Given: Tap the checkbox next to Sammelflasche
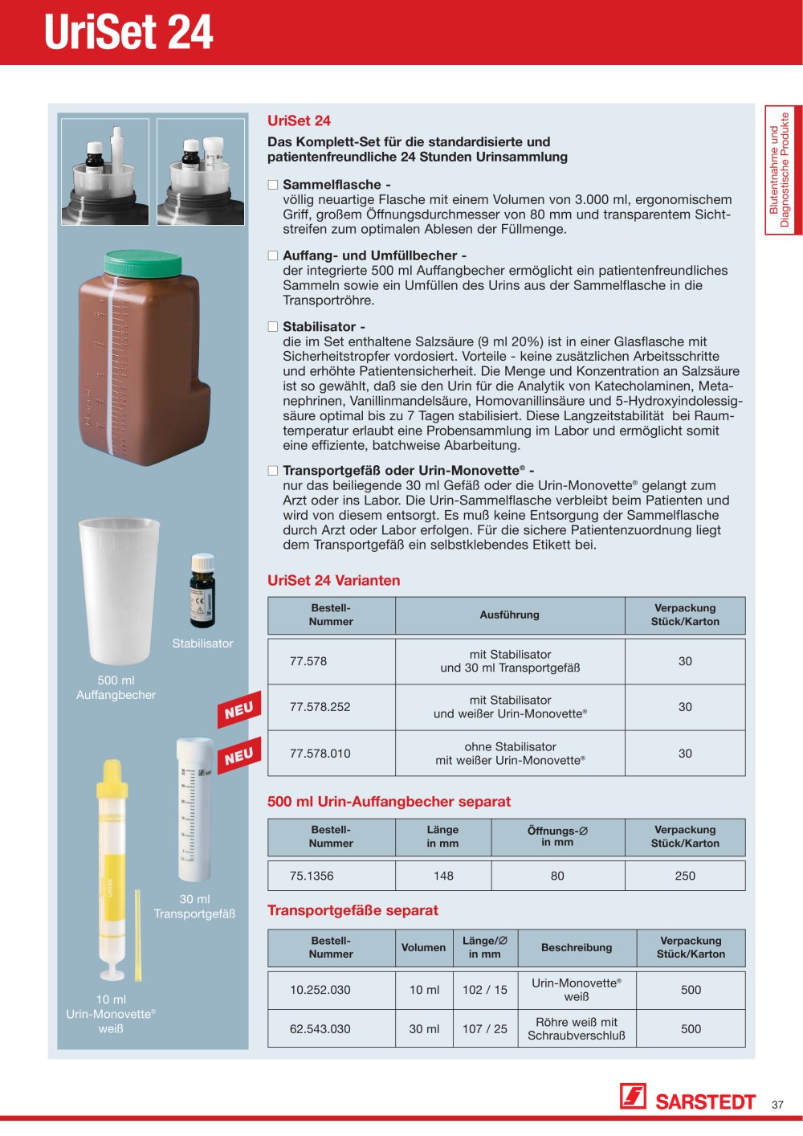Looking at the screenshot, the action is coord(273,185).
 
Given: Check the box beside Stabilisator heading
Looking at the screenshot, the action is coord(273,327).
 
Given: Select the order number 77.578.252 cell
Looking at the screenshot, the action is coord(320,707).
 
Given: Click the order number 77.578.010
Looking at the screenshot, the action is coord(320,754).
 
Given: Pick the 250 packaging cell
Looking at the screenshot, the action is coord(685,876).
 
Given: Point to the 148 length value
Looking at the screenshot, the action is coord(443,876).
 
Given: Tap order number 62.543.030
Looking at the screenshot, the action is coord(320,1029).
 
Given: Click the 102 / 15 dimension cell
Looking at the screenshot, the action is coord(485,990).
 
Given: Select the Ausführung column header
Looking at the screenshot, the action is coord(509,615).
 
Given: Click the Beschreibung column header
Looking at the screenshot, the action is coord(577,947).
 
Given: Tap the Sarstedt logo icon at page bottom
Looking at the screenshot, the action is coord(633,1096).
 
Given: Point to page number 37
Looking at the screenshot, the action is coord(777,1104).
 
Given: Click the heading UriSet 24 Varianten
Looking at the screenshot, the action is coord(333,581).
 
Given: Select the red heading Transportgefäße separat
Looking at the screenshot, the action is coord(353,910).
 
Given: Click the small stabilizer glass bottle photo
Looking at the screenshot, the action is coord(202,590).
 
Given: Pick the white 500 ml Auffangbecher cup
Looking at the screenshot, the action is coord(119,590).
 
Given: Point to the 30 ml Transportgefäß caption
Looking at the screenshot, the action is coord(194,906).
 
